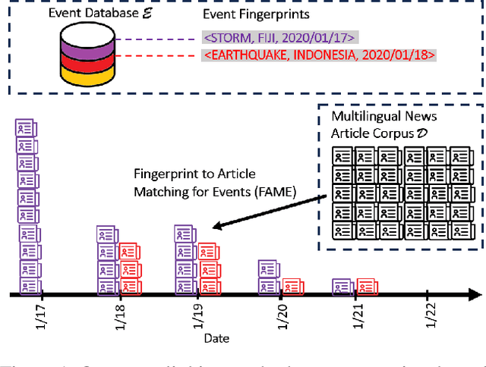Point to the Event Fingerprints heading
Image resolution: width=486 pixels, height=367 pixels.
256,14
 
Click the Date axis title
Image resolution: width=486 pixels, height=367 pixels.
216,338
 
